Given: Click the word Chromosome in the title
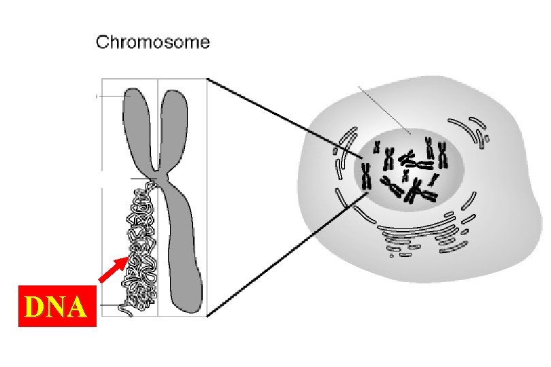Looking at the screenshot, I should [153, 42].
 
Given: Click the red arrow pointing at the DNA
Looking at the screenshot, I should [113, 268].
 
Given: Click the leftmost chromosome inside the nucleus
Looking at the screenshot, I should [365, 175].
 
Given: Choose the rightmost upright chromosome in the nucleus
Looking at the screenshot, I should [442, 156].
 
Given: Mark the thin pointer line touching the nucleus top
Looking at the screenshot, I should [384, 109].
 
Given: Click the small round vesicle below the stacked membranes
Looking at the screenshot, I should [391, 256].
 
